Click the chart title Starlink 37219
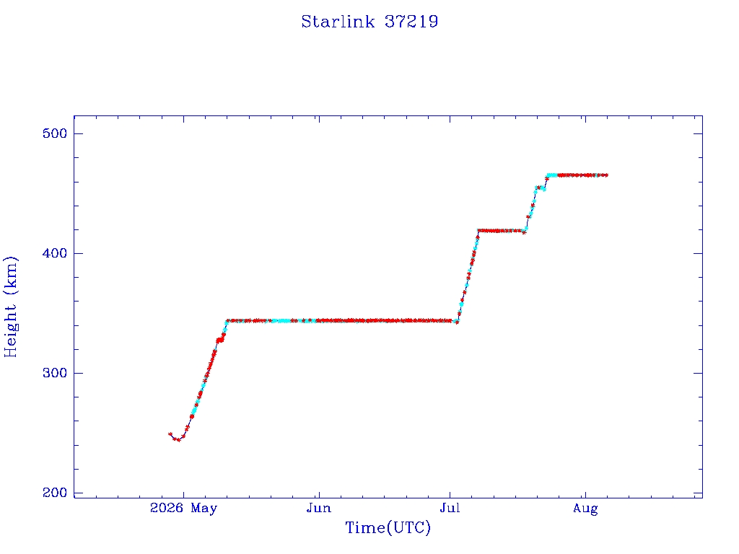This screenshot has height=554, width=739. pyautogui.click(x=369, y=22)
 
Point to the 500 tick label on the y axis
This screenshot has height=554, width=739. pyautogui.click(x=55, y=133)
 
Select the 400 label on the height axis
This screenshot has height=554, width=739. pyautogui.click(x=55, y=253)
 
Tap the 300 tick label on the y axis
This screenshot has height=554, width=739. pyautogui.click(x=55, y=373)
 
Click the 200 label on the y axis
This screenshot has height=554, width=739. pyautogui.click(x=55, y=493)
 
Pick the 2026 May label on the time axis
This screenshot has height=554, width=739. pyautogui.click(x=183, y=509)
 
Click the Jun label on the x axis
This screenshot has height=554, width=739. pyautogui.click(x=319, y=509)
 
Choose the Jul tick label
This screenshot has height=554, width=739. pyautogui.click(x=450, y=509)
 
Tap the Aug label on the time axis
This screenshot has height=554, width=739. pyautogui.click(x=585, y=509)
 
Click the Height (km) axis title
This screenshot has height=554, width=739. pyautogui.click(x=10, y=307)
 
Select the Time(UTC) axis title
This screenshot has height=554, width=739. pyautogui.click(x=388, y=527)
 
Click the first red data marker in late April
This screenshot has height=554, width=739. pyautogui.click(x=170, y=434)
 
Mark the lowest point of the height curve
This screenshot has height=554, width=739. pyautogui.click(x=178, y=440)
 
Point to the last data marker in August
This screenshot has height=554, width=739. pyautogui.click(x=606, y=175)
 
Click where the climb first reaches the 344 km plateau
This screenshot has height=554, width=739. pyautogui.click(x=227, y=321)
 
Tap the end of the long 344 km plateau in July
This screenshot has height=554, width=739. pyautogui.click(x=456, y=322)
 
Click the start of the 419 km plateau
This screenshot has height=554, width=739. pyautogui.click(x=479, y=231)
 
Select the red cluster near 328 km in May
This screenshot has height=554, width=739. pyautogui.click(x=219, y=340)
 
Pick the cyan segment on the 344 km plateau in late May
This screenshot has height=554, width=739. pyautogui.click(x=282, y=321)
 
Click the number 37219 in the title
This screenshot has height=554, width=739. pyautogui.click(x=411, y=22)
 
